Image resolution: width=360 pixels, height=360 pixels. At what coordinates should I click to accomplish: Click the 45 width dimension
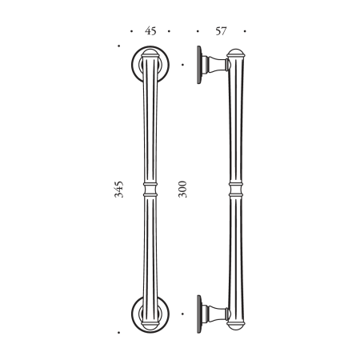(150, 31)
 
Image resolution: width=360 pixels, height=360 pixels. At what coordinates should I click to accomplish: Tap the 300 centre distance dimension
(183, 189)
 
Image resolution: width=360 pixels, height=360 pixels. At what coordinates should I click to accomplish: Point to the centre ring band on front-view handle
(150, 190)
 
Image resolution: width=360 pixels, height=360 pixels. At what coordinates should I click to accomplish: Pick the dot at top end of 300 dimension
(183, 64)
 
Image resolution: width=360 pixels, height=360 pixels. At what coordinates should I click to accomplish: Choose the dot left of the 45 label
(130, 32)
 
